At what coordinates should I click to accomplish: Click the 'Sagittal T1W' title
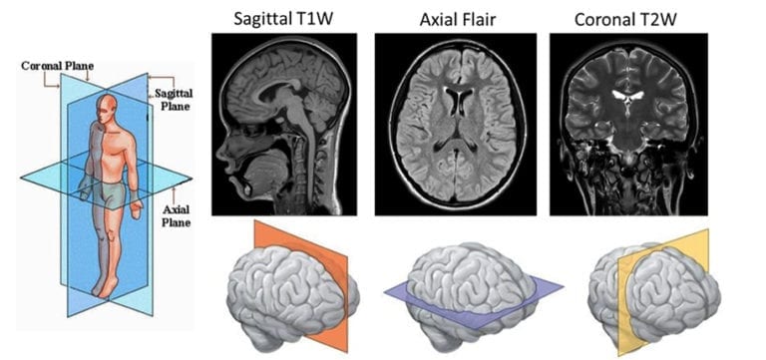point(283,18)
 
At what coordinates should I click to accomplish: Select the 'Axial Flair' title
point(455,18)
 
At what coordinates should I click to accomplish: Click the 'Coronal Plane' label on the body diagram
point(57,67)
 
